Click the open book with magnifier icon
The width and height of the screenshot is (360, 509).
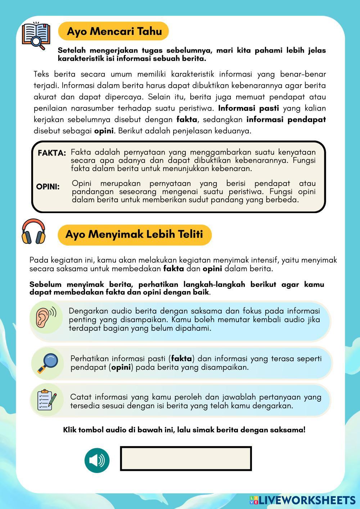(35, 36)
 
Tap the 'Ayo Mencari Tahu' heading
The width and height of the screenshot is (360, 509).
(114, 31)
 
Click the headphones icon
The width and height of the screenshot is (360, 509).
(33, 232)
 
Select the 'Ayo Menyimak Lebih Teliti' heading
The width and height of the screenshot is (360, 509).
(134, 234)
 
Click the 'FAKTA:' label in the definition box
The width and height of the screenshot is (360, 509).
(52, 153)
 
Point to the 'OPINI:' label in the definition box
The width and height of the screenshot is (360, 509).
(48, 187)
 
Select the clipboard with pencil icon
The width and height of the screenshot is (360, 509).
(47, 400)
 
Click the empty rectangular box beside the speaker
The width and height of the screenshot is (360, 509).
(186, 459)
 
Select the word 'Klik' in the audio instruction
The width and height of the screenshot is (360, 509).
(70, 430)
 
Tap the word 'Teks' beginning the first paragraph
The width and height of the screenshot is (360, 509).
(41, 75)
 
